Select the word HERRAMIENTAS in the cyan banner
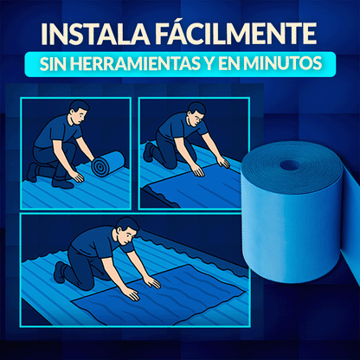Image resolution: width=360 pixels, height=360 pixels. pyautogui.click(x=151, y=65)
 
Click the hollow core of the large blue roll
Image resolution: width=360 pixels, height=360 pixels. pyautogui.click(x=288, y=164)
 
